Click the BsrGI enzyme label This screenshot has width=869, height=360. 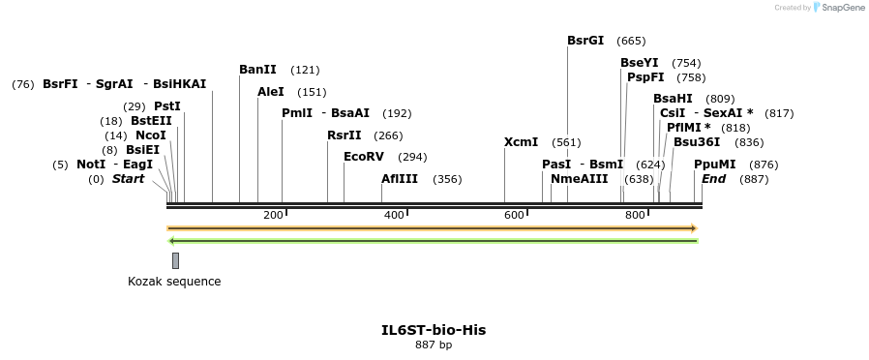pos(585,41)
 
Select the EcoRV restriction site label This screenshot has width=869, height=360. pos(364,157)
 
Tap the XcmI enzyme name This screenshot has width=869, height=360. pos(521,142)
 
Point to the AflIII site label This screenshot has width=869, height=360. pos(400,179)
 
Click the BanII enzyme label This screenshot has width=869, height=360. pos(257,70)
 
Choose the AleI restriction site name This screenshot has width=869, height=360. pos(271,92)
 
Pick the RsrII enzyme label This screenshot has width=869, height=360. pos(345,135)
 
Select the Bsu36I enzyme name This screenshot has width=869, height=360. pos(697,142)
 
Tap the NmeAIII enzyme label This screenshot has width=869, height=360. pos(580,179)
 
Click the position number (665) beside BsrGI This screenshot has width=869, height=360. pos(631,41)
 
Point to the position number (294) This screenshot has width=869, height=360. pos(412,157)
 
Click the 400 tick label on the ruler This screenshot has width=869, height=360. pos(394,214)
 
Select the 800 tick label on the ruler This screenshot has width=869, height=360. pos(636,214)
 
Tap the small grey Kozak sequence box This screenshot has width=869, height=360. pos(175,260)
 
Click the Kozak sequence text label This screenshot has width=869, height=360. pos(174,282)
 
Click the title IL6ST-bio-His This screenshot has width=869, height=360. pos(434,330)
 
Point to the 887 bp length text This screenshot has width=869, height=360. pos(434,345)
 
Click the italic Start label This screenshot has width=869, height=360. pos(128,179)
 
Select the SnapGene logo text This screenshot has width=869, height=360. pos(840,8)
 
